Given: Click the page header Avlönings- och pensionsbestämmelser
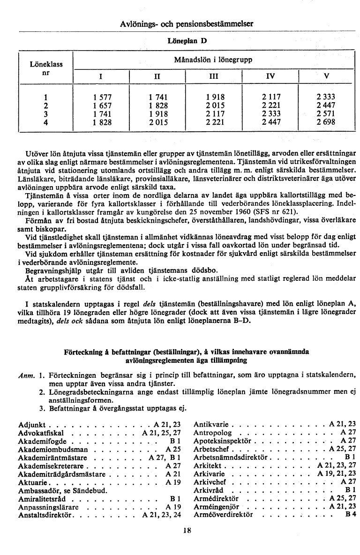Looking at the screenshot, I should pyautogui.click(x=187, y=23).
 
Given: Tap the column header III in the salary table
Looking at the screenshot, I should pyautogui.click(x=213, y=76).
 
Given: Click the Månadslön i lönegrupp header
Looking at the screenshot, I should pyautogui.click(x=213, y=60).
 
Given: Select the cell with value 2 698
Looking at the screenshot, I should pyautogui.click(x=326, y=123).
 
